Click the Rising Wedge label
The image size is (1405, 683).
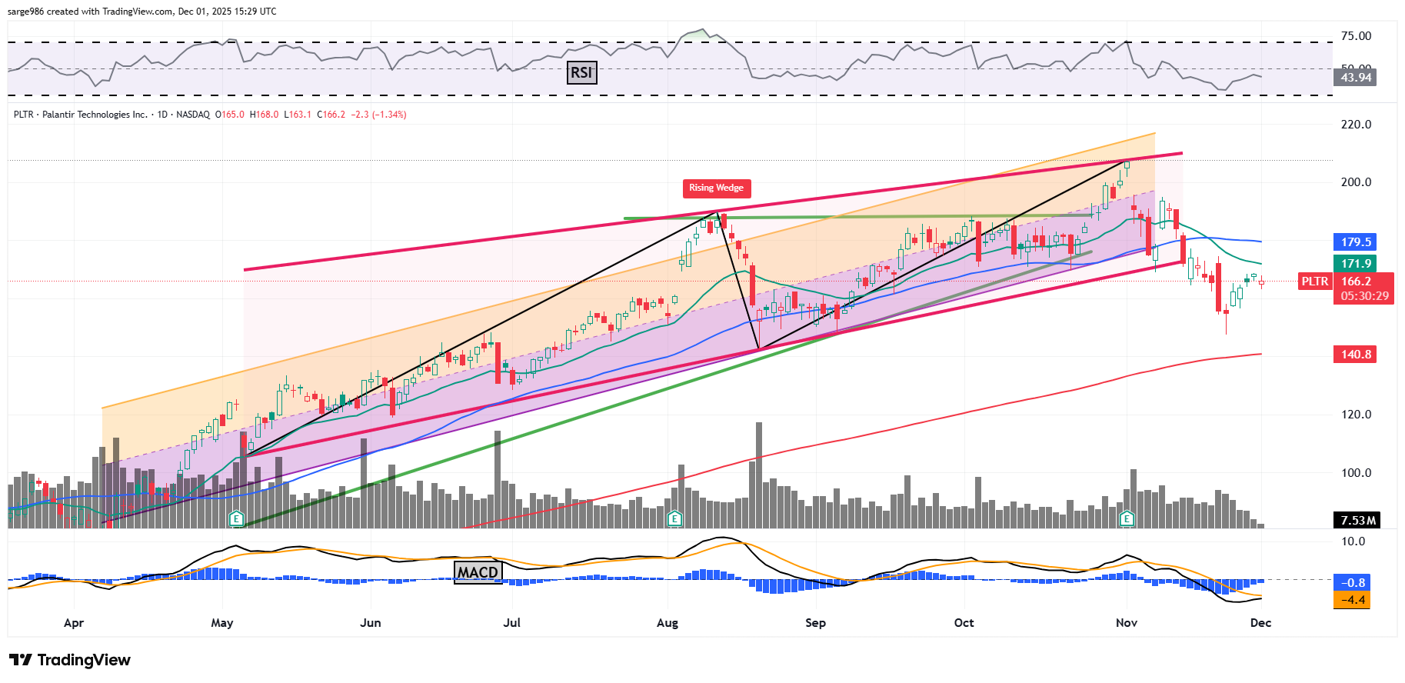click(716, 188)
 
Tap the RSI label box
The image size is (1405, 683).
click(581, 73)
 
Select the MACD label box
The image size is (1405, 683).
click(478, 572)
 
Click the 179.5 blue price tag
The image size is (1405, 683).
click(1356, 242)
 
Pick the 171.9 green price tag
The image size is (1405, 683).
click(1356, 264)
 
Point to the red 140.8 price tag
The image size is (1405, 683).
click(1356, 355)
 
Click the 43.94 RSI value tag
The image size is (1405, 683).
click(1356, 78)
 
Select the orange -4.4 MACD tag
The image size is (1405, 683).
click(1353, 600)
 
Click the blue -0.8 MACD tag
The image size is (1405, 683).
click(1353, 583)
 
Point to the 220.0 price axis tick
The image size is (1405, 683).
click(1356, 125)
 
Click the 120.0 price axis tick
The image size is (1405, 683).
click(1356, 415)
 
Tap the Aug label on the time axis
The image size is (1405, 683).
click(668, 623)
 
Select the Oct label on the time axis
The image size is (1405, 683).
click(964, 623)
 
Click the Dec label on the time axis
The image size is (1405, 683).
click(1260, 623)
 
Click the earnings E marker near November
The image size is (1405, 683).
click(1127, 519)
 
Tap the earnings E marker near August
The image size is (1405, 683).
click(674, 519)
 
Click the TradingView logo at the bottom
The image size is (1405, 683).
click(70, 660)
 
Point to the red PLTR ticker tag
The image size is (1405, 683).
click(1314, 282)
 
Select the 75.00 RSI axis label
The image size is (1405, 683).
click(1356, 36)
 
